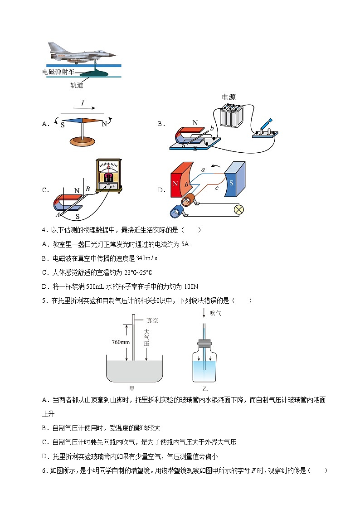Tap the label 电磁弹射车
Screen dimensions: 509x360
58,72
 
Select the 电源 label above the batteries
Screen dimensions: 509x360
229,97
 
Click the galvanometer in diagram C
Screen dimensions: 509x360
108,176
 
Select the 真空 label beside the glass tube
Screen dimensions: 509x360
152,320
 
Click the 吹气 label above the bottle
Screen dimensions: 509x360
215,313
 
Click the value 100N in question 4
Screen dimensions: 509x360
192,286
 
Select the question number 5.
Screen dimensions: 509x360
44,301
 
